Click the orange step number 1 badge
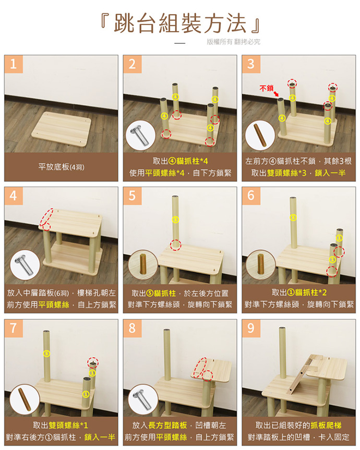pos(14,64)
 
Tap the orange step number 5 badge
pos(132,196)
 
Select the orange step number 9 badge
pos(251,328)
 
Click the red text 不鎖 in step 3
pos(267,88)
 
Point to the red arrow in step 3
pos(276,94)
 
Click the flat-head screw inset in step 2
pos(141,135)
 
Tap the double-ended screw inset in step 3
pos(260,135)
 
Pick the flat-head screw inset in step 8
pos(143,399)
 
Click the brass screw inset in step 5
pos(143,264)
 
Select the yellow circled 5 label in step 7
pos(46,354)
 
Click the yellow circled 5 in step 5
pos(175,220)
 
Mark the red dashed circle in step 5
pos(175,245)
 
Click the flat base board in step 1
pos(61,130)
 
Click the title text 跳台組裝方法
pos(181,23)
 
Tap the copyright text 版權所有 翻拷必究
pos(233,42)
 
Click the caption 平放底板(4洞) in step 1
pos(62,167)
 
